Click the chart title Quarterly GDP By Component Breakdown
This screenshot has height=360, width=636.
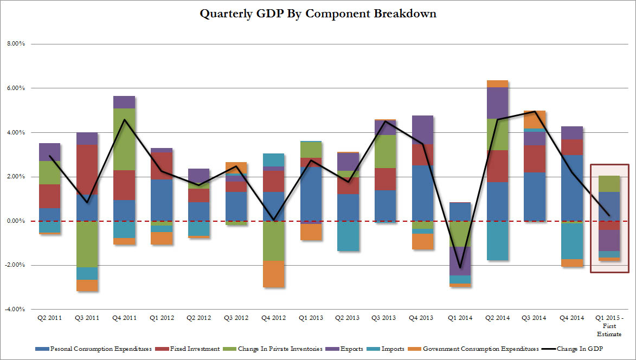tap(318, 14)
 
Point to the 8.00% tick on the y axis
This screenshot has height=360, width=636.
tap(15, 44)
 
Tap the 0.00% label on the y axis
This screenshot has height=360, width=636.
tap(15, 221)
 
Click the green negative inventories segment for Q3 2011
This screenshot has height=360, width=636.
tap(87, 244)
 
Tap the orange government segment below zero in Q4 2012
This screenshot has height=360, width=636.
tap(273, 274)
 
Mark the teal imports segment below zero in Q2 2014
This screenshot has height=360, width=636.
tap(497, 241)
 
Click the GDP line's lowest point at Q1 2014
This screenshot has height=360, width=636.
tap(460, 268)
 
